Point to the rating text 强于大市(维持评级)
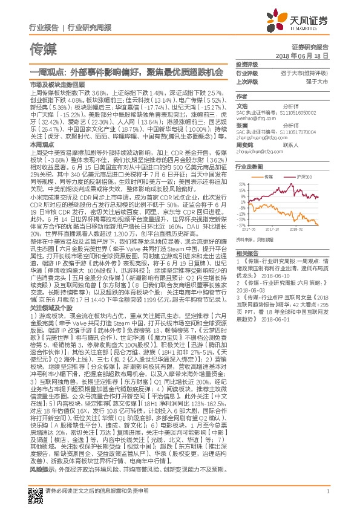307,72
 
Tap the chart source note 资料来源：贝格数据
257,240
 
